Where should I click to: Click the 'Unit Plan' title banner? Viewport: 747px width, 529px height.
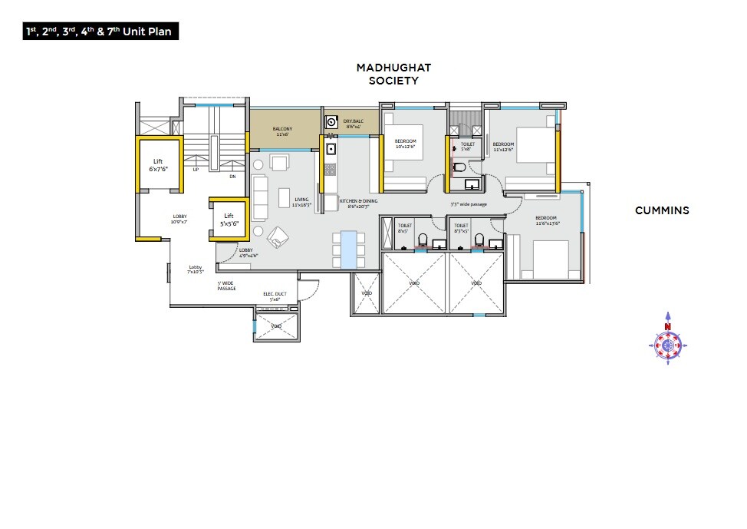pyautogui.click(x=100, y=32)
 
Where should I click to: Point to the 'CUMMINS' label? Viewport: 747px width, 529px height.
pyautogui.click(x=662, y=210)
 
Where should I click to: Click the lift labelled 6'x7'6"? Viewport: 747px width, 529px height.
pyautogui.click(x=158, y=165)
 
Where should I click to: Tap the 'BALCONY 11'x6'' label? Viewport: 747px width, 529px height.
pyautogui.click(x=281, y=131)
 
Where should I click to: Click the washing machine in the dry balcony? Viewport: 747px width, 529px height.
pyautogui.click(x=332, y=121)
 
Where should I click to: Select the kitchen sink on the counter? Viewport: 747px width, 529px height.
pyautogui.click(x=331, y=149)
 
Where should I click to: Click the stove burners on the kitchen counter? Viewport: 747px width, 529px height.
pyautogui.click(x=331, y=170)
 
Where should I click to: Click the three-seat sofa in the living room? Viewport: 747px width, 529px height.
pyautogui.click(x=258, y=198)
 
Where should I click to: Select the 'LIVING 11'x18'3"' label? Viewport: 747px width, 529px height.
pyautogui.click(x=301, y=202)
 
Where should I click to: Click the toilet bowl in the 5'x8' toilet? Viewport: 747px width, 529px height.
pyautogui.click(x=459, y=167)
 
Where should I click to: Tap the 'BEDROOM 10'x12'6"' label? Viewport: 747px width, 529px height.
pyautogui.click(x=406, y=144)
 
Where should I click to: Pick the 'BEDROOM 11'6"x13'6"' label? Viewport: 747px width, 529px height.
pyautogui.click(x=547, y=220)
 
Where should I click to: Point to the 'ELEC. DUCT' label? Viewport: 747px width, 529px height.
pyautogui.click(x=275, y=296)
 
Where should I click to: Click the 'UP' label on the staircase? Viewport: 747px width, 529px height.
pyautogui.click(x=196, y=170)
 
